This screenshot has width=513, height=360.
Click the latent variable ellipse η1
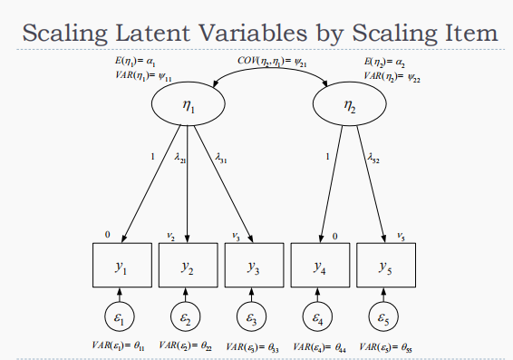188,107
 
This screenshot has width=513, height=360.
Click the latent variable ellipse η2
350,107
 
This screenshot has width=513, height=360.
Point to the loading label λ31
222,157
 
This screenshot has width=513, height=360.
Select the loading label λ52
374,157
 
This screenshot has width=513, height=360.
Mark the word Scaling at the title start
65,34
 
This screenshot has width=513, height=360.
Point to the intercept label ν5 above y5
401,237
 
